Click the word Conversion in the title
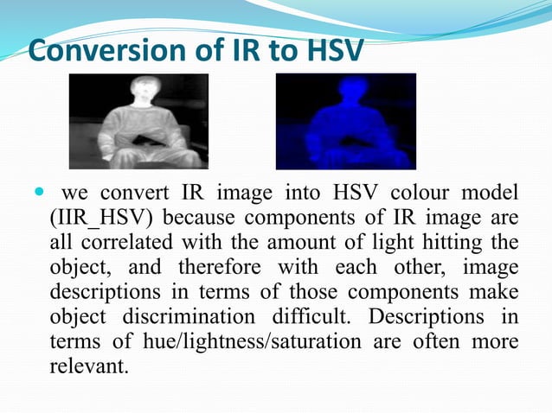click(x=94, y=51)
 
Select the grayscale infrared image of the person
click(x=138, y=121)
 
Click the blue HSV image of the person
click(x=345, y=121)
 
